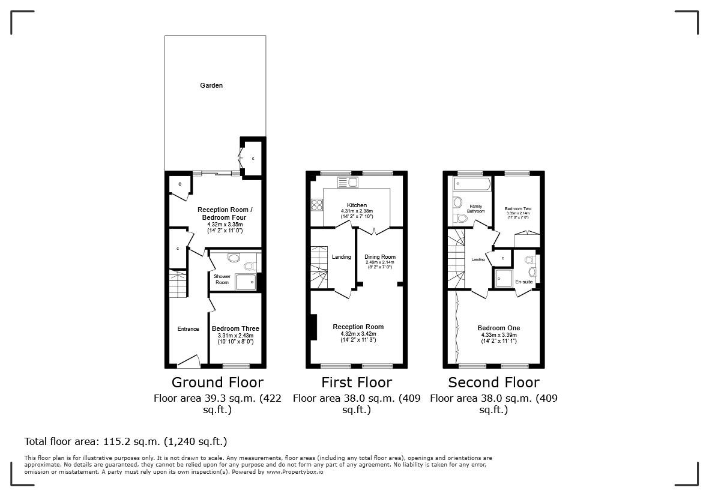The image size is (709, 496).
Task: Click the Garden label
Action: click(x=211, y=85)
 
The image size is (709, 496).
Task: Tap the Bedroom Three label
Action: click(x=235, y=328)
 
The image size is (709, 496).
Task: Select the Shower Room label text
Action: click(x=222, y=279)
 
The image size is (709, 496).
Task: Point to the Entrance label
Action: click(x=188, y=328)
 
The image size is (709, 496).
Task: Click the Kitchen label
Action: click(x=357, y=205)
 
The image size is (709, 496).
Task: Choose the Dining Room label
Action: click(x=380, y=257)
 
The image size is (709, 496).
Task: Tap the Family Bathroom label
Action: click(x=476, y=208)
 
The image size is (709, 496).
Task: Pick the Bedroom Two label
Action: click(x=517, y=209)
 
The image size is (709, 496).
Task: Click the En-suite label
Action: click(x=523, y=280)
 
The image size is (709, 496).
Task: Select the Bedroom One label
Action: click(x=498, y=328)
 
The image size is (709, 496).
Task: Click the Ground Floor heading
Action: click(x=217, y=383)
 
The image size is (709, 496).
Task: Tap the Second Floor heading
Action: click(x=493, y=383)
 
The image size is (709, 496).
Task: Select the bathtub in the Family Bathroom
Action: click(x=471, y=183)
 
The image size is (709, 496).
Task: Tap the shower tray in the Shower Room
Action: click(x=245, y=282)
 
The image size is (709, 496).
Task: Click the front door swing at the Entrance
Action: click(x=189, y=361)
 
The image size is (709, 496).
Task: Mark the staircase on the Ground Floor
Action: click(x=178, y=285)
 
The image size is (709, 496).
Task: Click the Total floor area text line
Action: click(x=125, y=441)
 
